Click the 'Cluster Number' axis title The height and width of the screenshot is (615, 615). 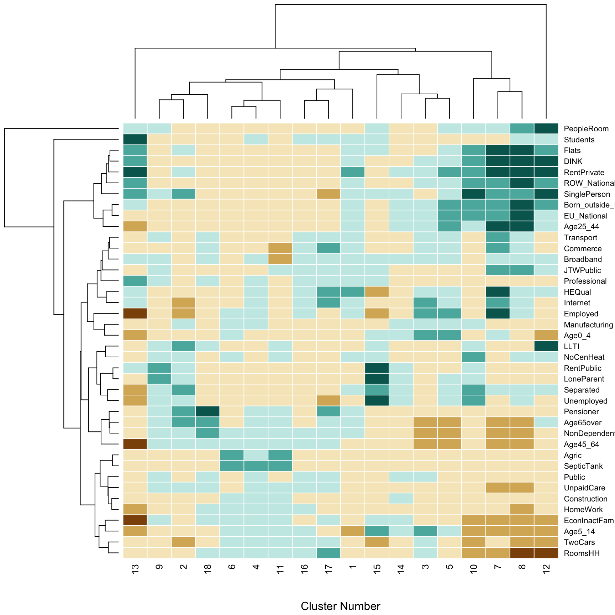pyautogui.click(x=340, y=606)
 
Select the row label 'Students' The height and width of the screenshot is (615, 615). pyautogui.click(x=579, y=140)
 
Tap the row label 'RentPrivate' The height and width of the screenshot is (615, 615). pyautogui.click(x=584, y=173)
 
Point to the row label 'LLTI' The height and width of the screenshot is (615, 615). pyautogui.click(x=572, y=347)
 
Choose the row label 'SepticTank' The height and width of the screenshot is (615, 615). pyautogui.click(x=583, y=466)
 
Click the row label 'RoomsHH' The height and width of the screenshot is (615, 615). pyautogui.click(x=582, y=553)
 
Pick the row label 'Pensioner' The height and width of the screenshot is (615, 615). pyautogui.click(x=581, y=412)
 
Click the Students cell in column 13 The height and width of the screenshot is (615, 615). pyautogui.click(x=135, y=140)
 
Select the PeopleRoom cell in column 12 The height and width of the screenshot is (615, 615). pyautogui.click(x=546, y=128)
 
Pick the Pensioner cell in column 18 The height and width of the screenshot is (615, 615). pyautogui.click(x=208, y=411)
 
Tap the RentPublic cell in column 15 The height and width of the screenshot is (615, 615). pyautogui.click(x=377, y=368)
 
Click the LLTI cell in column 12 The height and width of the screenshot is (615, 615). pyautogui.click(x=546, y=346)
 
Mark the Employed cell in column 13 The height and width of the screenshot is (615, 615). pyautogui.click(x=135, y=314)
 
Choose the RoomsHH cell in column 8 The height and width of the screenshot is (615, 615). pyautogui.click(x=522, y=553)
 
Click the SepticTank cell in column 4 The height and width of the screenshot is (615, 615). pyautogui.click(x=256, y=466)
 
